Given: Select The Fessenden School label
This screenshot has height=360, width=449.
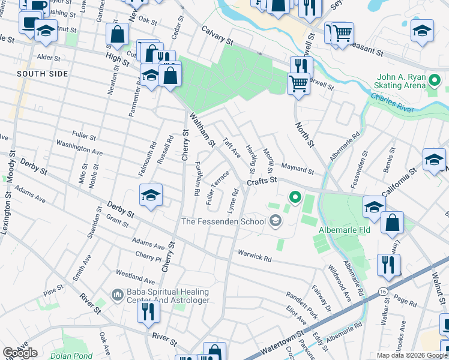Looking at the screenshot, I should click(223, 221).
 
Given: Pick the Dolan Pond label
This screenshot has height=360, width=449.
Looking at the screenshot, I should click(75, 355).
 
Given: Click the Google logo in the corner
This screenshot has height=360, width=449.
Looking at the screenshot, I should click(20, 353).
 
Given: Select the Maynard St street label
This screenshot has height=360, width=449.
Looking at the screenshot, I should click(297, 172).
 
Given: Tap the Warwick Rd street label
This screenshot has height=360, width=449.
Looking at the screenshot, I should click(254, 256).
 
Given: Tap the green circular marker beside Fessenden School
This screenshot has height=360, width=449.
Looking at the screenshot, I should click(294, 196).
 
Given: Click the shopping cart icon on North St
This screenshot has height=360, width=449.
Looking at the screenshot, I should click(298, 82).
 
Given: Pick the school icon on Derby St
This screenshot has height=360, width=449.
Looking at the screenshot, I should click(151, 194).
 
